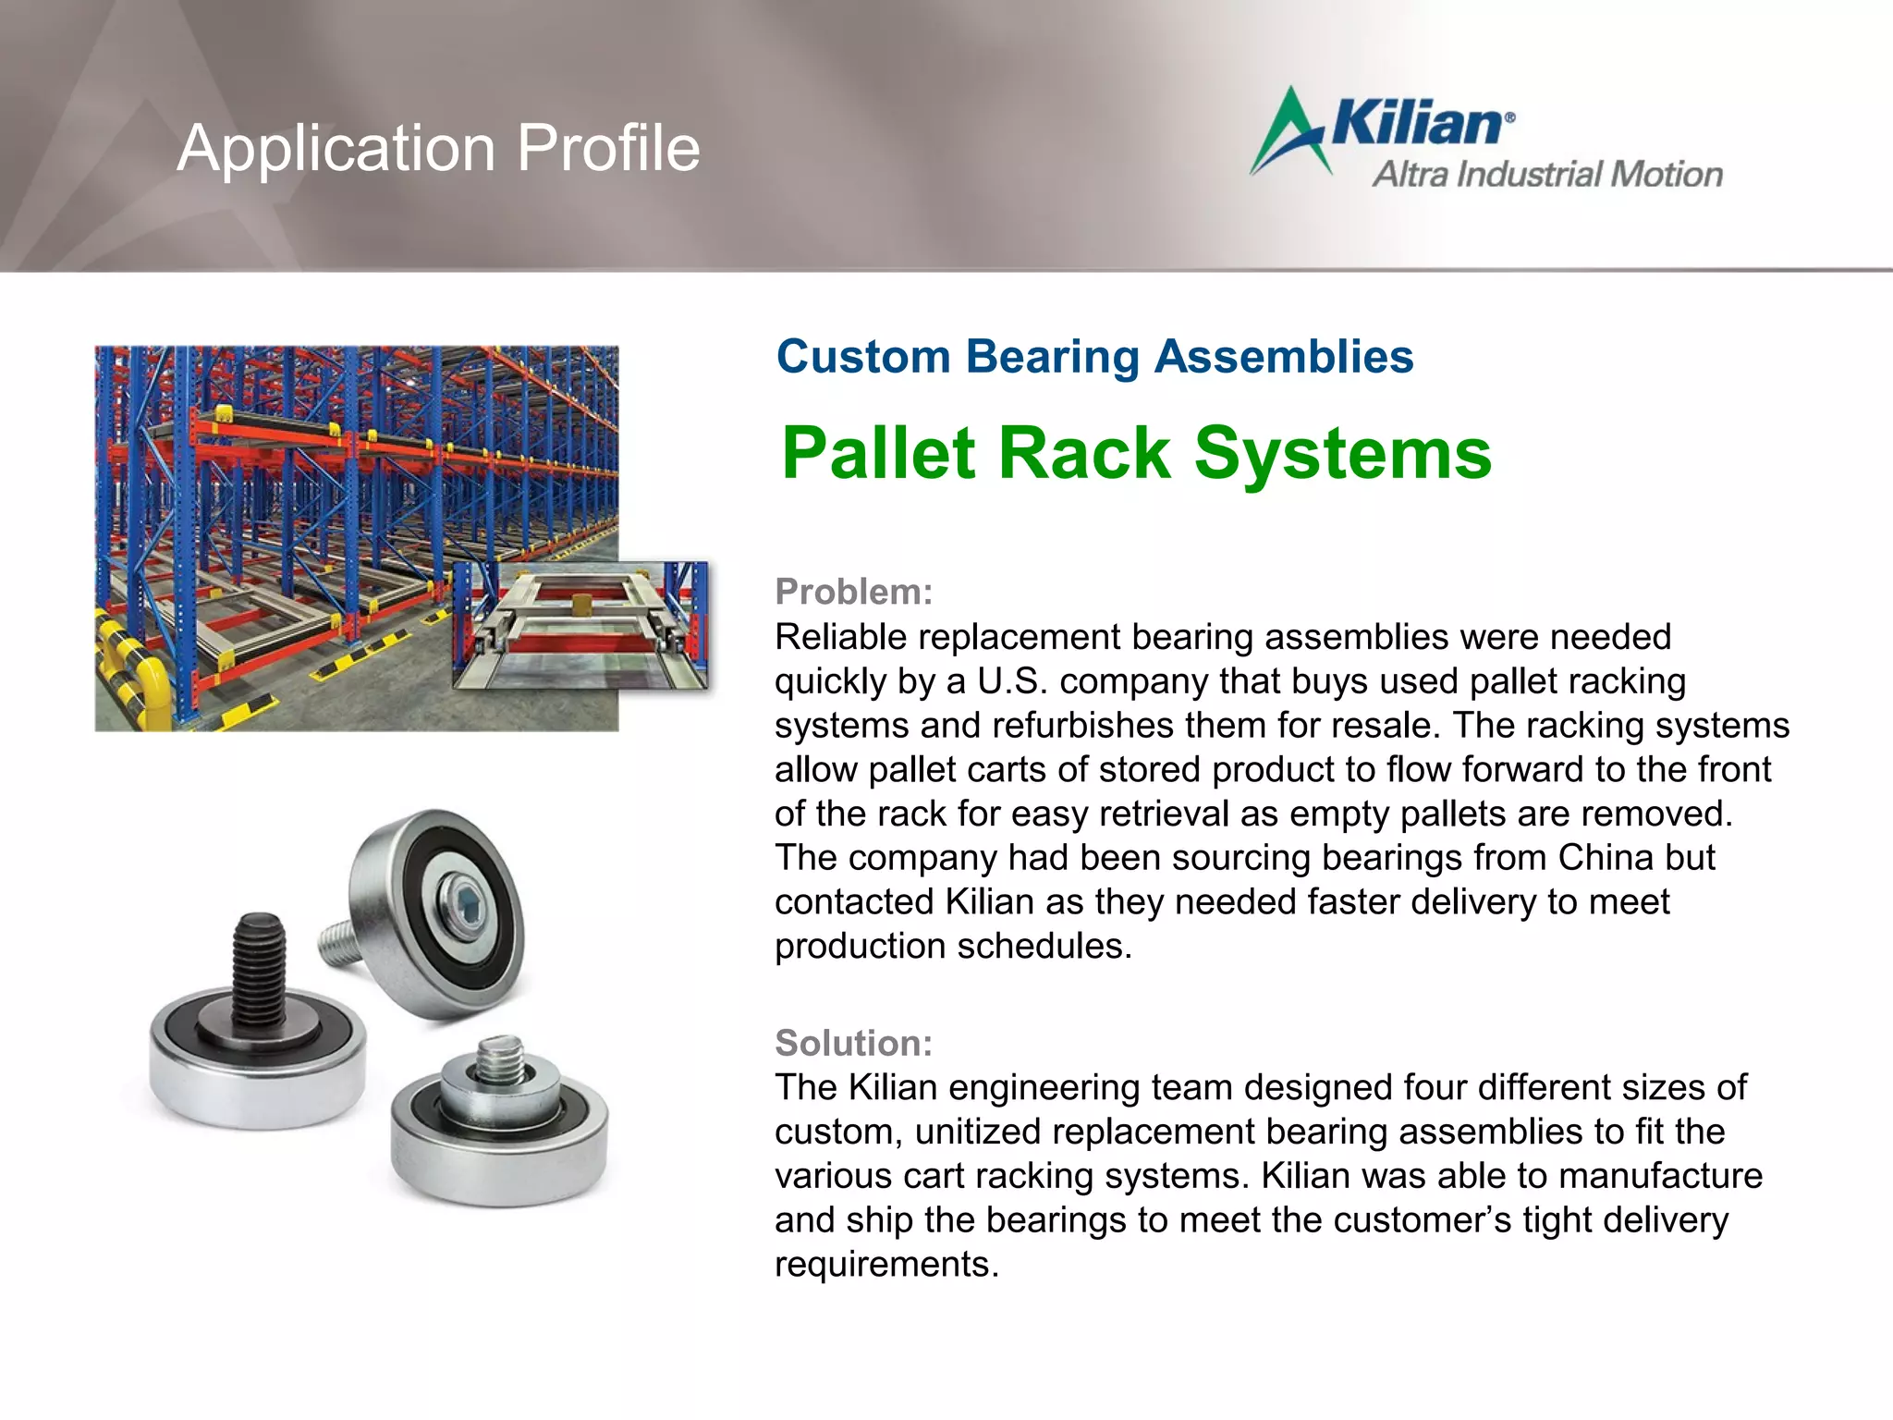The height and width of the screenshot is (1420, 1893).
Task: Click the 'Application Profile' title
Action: tap(438, 148)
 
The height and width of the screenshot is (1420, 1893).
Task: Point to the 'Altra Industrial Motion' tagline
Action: tap(1547, 175)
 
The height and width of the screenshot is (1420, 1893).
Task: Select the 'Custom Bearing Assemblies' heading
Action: tap(1094, 357)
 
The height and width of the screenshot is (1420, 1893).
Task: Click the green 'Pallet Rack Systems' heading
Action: tap(1136, 453)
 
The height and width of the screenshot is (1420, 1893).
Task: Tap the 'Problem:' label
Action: tap(853, 592)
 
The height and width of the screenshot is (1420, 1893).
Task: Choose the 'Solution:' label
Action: tap(853, 1043)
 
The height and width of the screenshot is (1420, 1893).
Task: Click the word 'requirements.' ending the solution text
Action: tap(886, 1264)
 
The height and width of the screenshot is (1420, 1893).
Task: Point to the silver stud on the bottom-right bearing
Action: tap(500, 1059)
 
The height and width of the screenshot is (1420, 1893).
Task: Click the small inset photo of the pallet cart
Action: tap(580, 626)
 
